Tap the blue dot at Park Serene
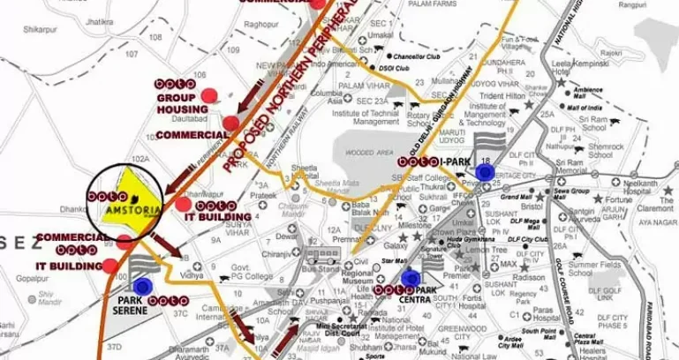(x=142, y=285)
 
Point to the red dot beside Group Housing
(x=209, y=94)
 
